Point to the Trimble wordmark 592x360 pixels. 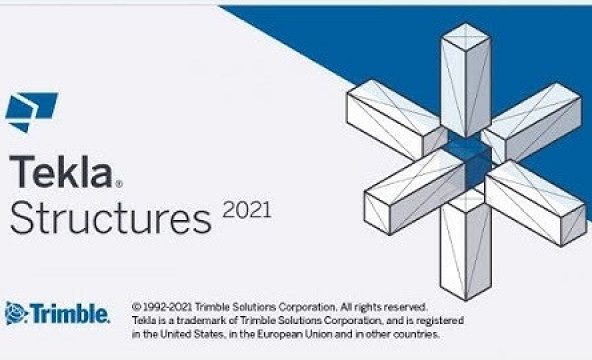[73, 314]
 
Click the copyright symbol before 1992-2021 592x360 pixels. [136, 304]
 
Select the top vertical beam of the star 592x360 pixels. [465, 80]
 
